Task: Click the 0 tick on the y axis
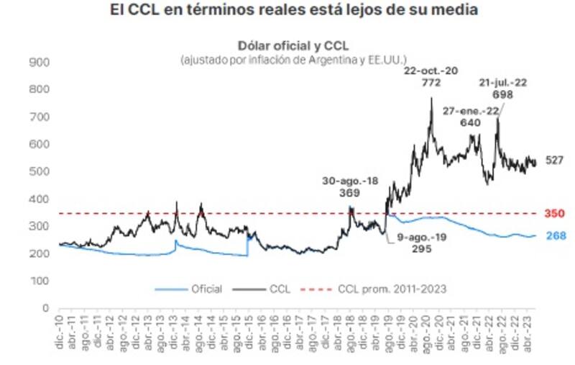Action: (45, 308)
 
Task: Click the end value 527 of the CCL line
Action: (554, 161)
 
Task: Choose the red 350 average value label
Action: (554, 214)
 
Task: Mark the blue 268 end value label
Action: (554, 236)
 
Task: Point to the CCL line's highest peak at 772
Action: (431, 99)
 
